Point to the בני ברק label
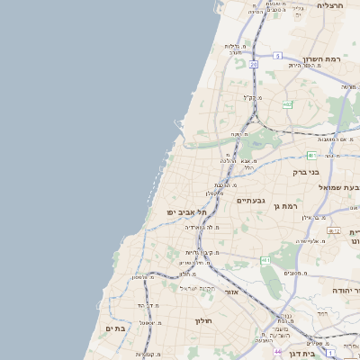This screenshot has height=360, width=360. pyautogui.click(x=306, y=171)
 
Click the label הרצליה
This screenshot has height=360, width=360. pyautogui.click(x=331, y=4)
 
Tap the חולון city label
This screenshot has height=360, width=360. pyautogui.click(x=202, y=319)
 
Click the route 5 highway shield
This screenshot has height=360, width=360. pyautogui.click(x=278, y=56)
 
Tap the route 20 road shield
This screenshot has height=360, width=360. pyautogui.click(x=255, y=64)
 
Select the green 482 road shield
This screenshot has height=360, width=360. pyautogui.click(x=286, y=105)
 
